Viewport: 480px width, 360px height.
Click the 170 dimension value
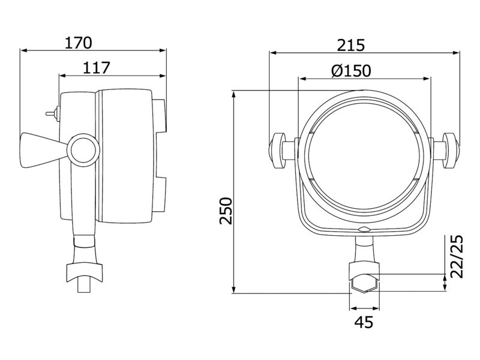click(79, 43)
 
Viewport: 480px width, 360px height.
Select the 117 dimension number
click(97, 68)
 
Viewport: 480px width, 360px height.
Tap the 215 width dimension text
click(351, 46)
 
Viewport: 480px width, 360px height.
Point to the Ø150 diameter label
click(351, 71)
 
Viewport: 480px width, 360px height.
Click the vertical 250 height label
click(226, 211)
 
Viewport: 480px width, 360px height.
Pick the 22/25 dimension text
click(457, 257)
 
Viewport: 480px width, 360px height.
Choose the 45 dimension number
click(364, 322)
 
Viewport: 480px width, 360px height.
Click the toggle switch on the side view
click(52, 113)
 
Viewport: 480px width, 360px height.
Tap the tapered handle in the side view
click(44, 150)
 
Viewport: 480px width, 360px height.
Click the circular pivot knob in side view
click(83, 150)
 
